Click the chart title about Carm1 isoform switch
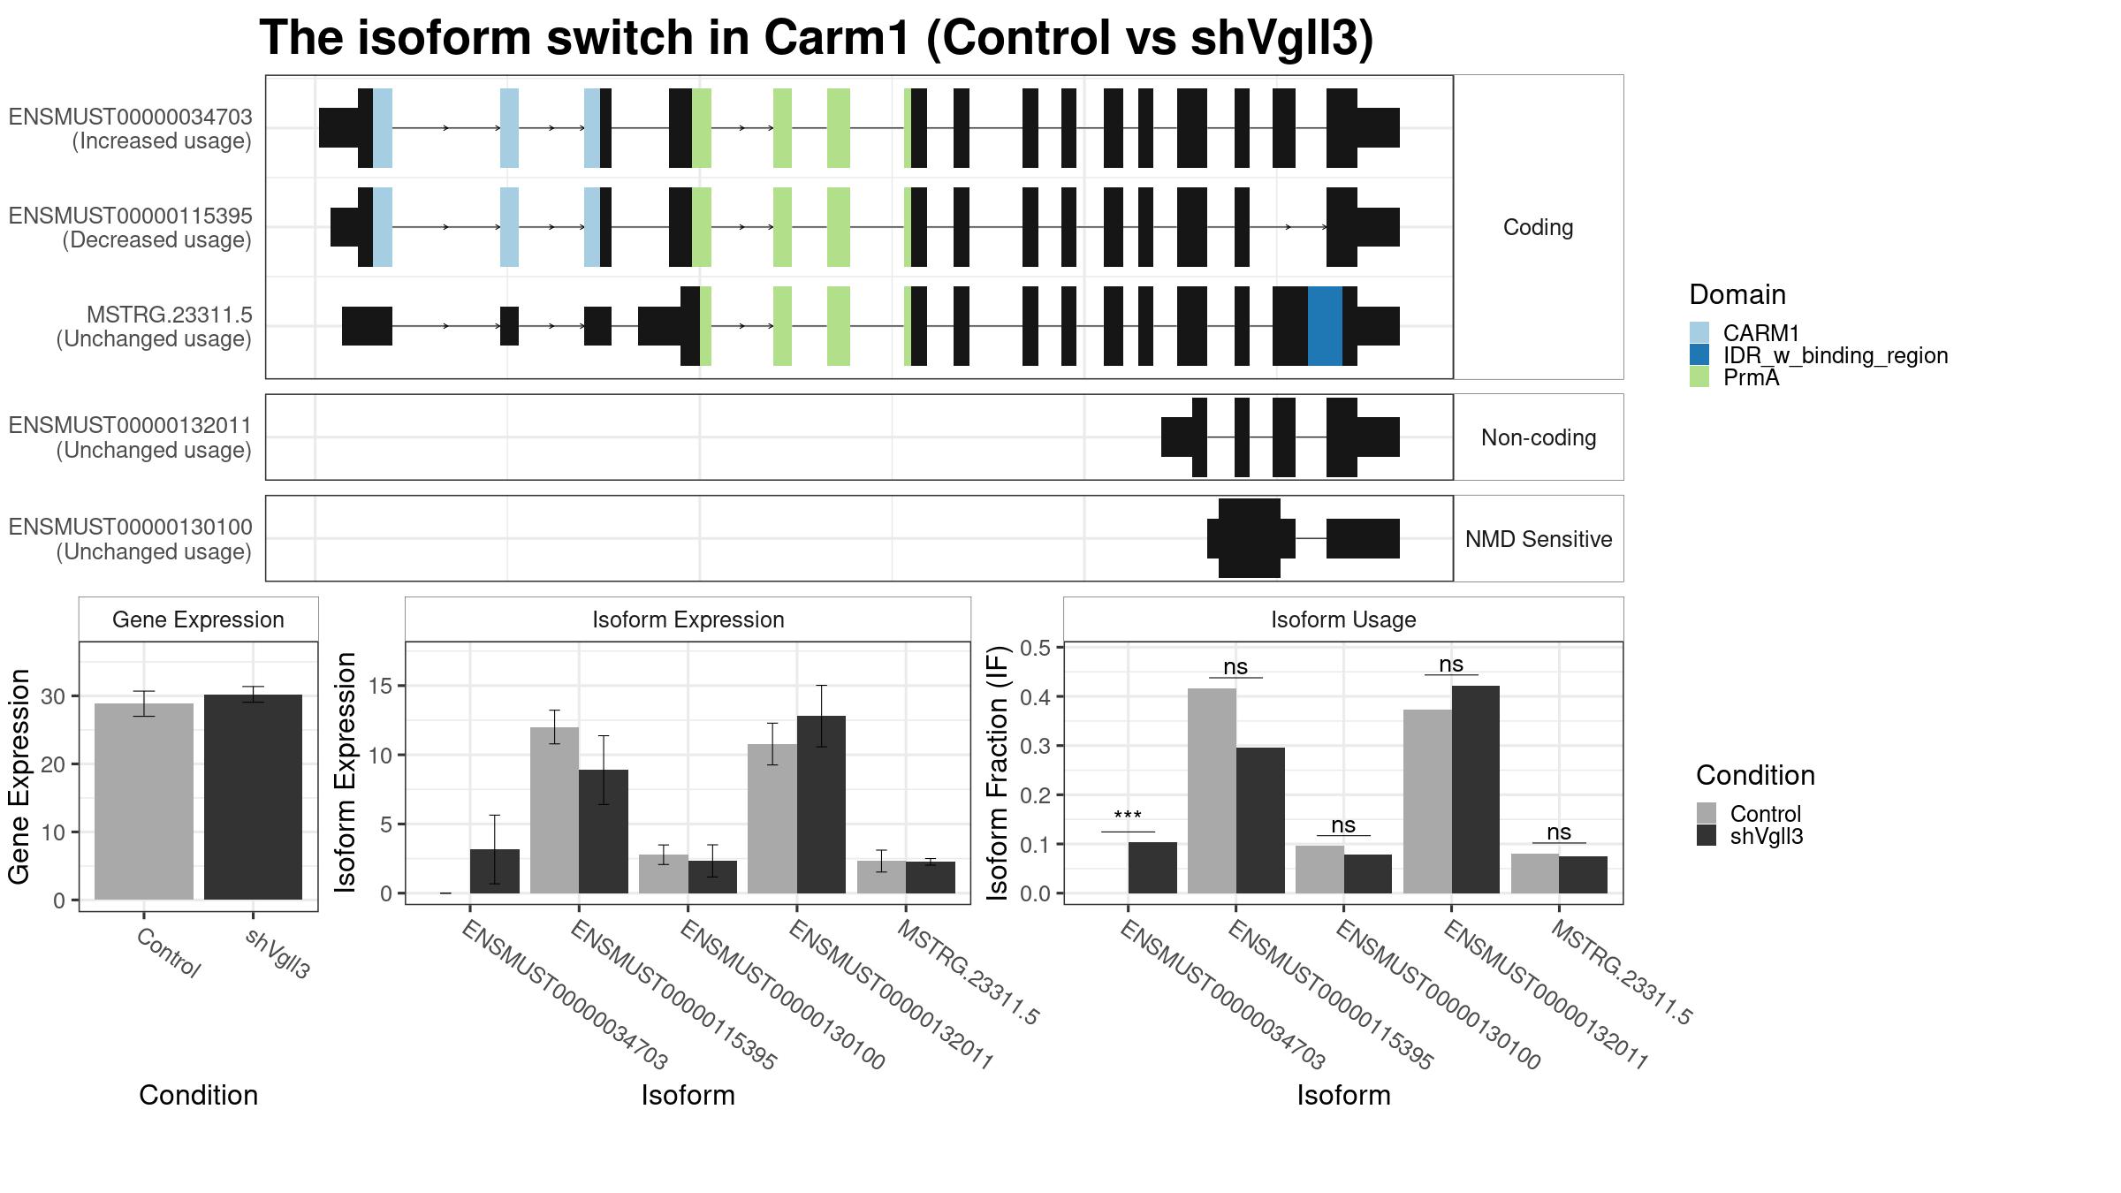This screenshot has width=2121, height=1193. pos(817,39)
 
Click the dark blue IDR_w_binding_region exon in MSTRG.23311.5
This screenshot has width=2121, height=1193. pos(1325,326)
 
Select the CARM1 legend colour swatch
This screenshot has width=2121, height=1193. pos(1699,333)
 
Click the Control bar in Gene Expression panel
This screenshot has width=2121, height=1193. pos(144,802)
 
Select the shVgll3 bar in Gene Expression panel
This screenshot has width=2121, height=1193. pos(253,797)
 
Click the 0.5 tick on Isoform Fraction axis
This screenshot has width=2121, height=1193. pos(1036,648)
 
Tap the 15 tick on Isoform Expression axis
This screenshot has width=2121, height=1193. pos(381,686)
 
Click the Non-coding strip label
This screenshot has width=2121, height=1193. pos(1539,437)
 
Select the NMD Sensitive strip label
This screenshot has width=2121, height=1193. pos(1539,539)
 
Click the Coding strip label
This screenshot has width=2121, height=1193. pos(1539,227)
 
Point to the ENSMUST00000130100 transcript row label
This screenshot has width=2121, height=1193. pos(130,539)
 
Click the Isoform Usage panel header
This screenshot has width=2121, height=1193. pos(1343,619)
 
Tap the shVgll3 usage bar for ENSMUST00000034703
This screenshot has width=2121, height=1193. pos(1152,868)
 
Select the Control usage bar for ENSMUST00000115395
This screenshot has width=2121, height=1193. pos(1212,791)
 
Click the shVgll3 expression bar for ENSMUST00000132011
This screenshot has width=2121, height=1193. pos(821,804)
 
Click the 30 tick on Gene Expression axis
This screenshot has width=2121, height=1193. pos(53,696)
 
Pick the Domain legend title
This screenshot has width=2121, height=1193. pos(1737,294)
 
